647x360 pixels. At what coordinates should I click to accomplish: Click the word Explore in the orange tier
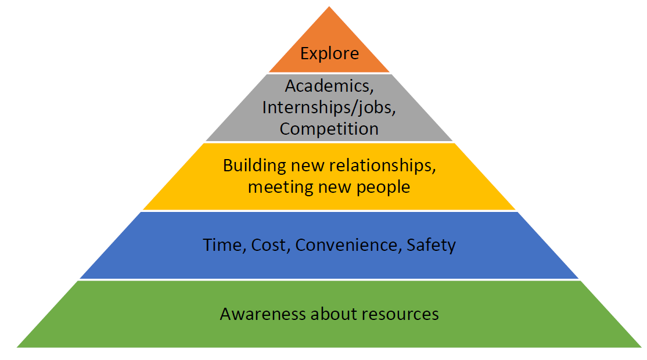329,54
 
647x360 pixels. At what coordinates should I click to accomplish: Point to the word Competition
329,128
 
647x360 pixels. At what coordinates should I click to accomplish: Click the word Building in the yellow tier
247,165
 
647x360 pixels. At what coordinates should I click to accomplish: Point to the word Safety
431,245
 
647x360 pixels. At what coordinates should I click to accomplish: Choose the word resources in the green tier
400,314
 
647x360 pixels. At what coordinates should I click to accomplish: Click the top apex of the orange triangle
329,7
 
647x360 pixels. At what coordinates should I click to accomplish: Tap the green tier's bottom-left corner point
17,347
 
